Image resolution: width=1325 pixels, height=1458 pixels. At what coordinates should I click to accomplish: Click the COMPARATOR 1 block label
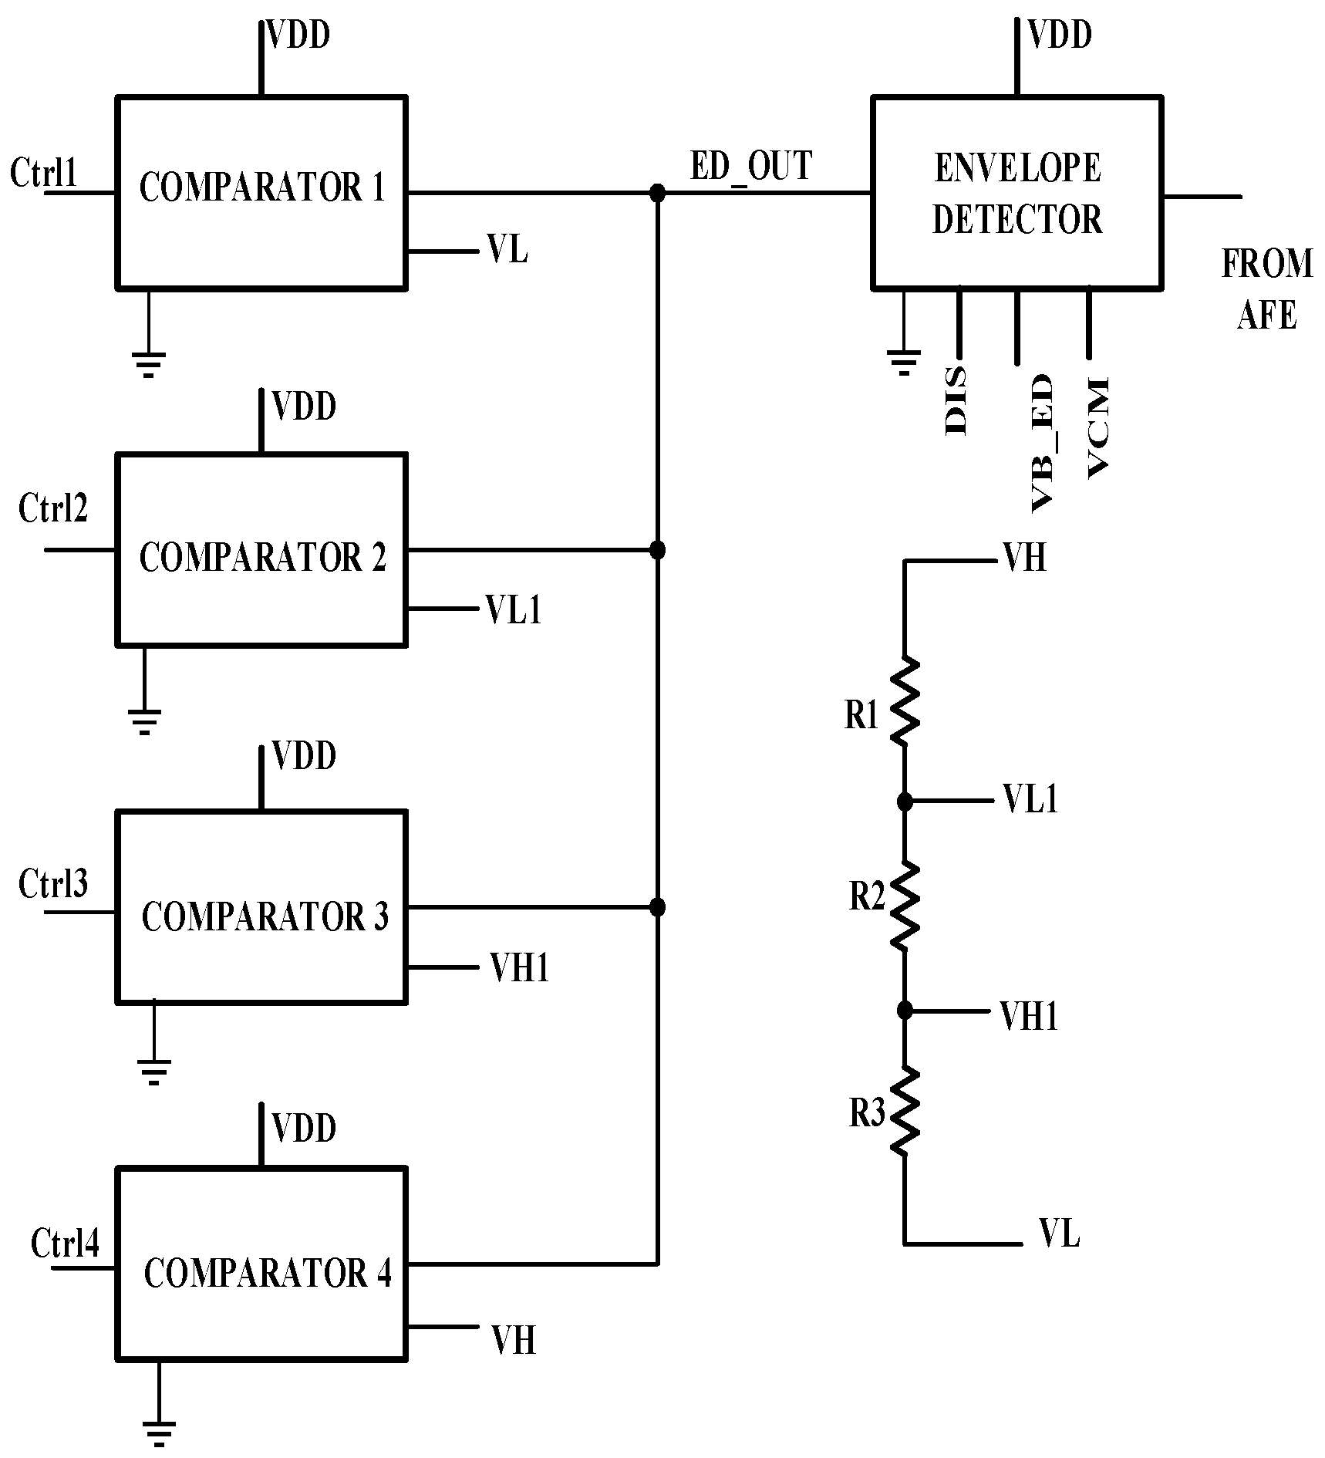261,187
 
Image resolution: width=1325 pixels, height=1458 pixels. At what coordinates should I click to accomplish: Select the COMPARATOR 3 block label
265,916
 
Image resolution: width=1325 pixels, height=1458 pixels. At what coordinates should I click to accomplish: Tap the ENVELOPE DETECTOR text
1017,194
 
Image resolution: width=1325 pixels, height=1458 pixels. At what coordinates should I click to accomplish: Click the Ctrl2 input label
53,508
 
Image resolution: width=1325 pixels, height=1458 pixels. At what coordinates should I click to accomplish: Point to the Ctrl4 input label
65,1243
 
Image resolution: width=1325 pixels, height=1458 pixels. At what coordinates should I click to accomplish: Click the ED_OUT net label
750,166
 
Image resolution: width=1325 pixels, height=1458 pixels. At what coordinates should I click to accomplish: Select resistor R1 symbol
905,701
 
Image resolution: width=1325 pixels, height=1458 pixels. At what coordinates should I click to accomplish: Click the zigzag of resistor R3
905,1111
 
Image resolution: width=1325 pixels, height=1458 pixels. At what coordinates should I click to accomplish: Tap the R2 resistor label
867,896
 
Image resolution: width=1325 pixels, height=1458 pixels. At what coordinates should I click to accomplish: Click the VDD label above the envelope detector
1060,35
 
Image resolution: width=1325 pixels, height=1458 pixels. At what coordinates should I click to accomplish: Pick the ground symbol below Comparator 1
148,363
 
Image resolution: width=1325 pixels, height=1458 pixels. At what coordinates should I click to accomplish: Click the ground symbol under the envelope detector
904,361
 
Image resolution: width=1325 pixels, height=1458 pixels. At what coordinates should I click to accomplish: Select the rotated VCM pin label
1097,427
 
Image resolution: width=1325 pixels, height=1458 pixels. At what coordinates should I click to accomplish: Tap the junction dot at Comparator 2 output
657,550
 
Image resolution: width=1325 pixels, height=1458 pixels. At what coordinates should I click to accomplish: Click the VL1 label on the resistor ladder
1030,800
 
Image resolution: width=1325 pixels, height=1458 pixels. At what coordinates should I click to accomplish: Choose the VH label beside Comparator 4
514,1340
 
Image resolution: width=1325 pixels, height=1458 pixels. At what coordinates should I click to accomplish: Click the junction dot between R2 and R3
905,1011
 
